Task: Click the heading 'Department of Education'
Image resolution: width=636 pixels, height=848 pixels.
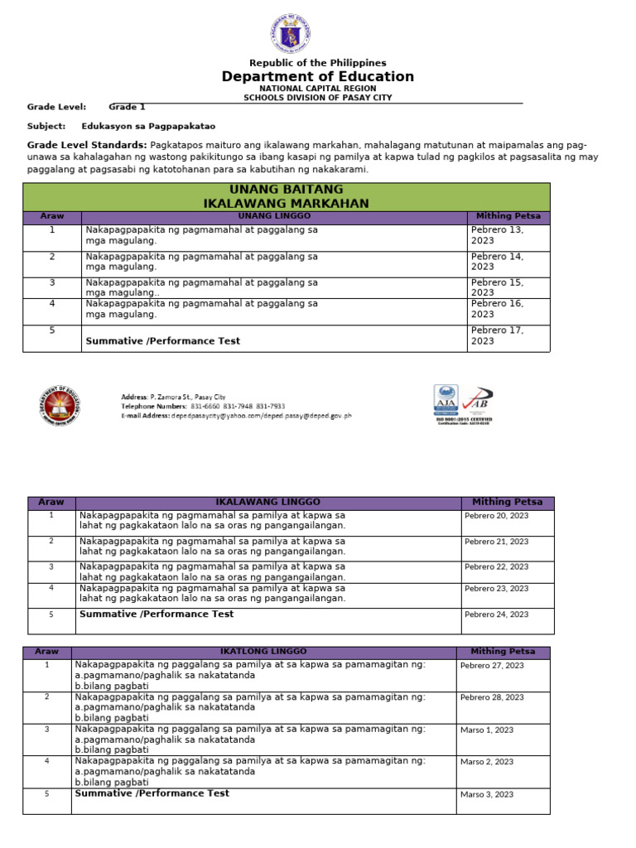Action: (x=317, y=77)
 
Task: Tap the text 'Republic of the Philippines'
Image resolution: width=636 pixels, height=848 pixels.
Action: (x=317, y=63)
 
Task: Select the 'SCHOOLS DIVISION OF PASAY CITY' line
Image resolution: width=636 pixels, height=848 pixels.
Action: (x=317, y=98)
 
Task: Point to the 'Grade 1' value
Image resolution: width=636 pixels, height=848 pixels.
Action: (x=127, y=107)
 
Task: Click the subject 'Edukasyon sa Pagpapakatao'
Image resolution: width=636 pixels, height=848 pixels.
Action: (x=148, y=127)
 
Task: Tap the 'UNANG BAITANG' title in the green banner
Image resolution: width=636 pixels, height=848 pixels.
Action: (x=286, y=190)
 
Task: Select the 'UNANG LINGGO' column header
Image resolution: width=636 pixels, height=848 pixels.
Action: (x=275, y=216)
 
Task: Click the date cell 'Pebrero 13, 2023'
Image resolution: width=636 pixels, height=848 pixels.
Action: (x=498, y=235)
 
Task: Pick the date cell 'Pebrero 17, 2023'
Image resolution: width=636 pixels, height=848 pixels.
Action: (x=498, y=335)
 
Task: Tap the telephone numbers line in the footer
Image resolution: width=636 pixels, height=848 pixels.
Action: (x=203, y=407)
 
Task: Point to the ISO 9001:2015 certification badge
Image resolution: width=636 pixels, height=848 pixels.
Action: (x=463, y=403)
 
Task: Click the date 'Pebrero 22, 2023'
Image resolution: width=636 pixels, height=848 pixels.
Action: (x=496, y=567)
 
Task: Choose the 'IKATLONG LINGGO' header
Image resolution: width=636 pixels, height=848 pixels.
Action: (x=263, y=653)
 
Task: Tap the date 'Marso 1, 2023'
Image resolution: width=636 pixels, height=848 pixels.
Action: (x=487, y=730)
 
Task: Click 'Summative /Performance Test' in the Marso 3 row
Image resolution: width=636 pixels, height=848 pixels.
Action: (x=152, y=793)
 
